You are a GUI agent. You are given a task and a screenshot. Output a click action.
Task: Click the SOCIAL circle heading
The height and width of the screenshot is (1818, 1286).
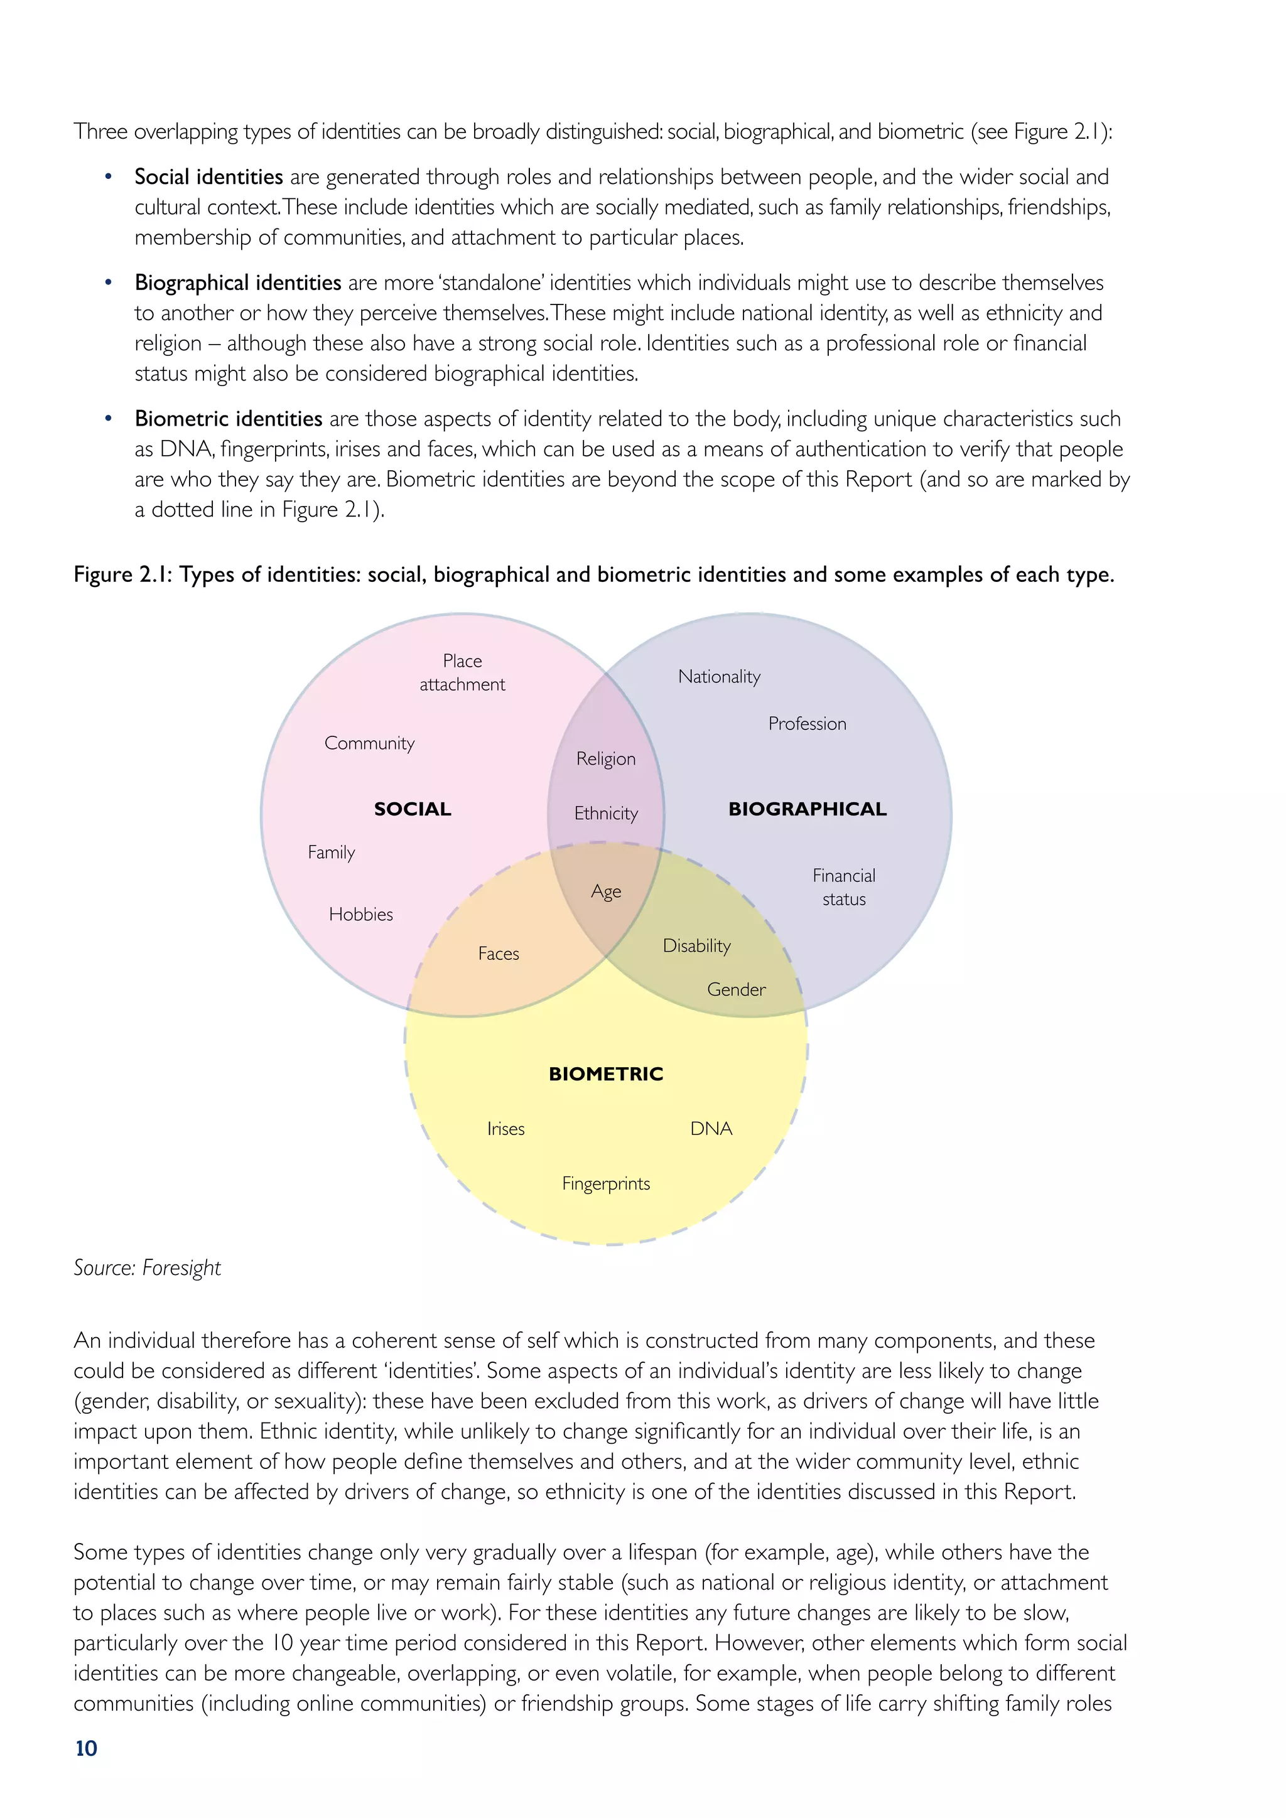413,809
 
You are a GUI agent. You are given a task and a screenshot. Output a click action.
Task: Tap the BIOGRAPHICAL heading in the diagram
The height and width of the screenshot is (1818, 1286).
807,809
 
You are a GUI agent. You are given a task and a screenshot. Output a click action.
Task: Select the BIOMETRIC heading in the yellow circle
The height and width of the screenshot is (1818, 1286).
606,1073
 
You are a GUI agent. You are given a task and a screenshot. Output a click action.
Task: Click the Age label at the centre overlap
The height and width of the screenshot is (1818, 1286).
606,891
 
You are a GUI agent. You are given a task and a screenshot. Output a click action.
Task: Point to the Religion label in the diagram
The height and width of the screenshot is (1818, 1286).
606,758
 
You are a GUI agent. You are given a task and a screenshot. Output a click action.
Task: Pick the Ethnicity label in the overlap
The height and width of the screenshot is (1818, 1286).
606,813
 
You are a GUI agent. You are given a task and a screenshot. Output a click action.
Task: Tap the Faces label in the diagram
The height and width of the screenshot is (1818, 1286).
498,954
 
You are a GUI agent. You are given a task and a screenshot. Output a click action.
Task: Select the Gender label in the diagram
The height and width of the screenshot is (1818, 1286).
737,989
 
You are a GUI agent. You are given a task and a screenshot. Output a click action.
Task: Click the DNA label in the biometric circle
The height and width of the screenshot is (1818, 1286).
711,1128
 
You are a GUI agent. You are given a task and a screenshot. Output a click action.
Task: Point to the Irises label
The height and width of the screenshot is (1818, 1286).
505,1128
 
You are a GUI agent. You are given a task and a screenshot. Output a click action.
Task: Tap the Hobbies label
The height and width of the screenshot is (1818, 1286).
361,914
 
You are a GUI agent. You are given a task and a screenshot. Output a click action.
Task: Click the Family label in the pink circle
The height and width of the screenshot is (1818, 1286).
331,852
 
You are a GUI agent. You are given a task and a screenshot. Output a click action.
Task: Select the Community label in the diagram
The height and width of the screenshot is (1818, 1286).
369,743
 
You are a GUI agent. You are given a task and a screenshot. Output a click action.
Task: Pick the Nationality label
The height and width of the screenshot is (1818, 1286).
719,676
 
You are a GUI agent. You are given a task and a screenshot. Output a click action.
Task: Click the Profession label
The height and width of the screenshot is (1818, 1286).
807,723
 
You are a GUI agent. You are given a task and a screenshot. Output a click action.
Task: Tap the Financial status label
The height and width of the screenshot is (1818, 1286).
844,887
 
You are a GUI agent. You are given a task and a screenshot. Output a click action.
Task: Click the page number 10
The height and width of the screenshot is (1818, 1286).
86,1748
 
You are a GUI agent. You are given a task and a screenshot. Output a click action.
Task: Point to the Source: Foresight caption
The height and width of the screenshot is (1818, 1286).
148,1267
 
